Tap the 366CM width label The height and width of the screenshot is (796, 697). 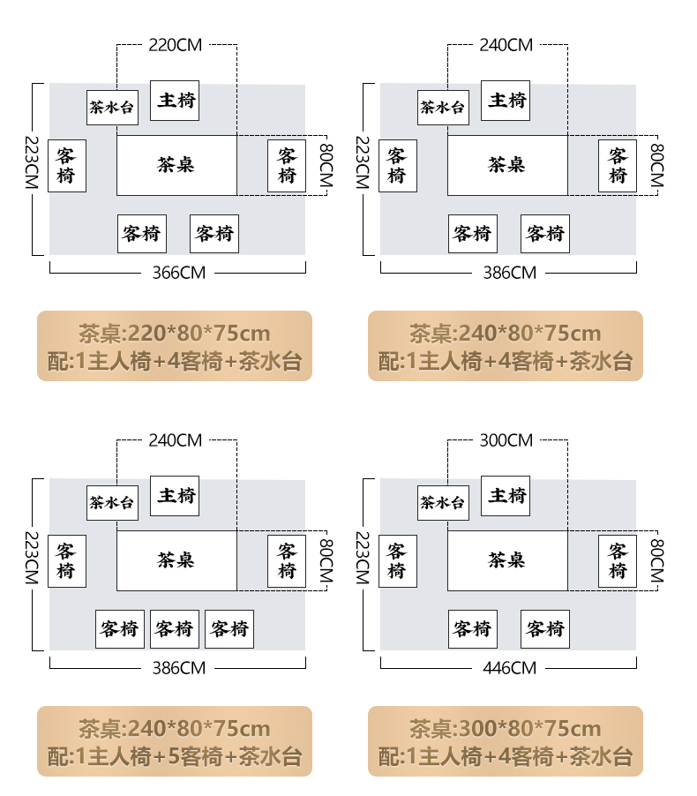coord(179,273)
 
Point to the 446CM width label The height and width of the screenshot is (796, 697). coord(510,668)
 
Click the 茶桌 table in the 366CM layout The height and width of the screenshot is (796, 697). coord(176,165)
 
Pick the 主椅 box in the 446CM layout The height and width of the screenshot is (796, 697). coord(506,495)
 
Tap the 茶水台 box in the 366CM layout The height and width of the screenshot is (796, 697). coord(112,108)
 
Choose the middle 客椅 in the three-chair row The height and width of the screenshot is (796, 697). coord(175,629)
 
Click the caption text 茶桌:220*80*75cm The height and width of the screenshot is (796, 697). coord(175,334)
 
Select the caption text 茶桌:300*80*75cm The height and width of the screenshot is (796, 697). coord(506,729)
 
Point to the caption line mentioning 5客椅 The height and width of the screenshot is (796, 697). coord(175,756)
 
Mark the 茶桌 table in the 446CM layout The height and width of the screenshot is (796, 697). coord(507,560)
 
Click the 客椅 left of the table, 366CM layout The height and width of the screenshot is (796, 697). coord(66,165)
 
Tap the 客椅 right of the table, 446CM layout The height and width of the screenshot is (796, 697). coord(618,560)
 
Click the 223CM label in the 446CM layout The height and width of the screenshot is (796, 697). coord(361,560)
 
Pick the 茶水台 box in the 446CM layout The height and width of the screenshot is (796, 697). coord(443,503)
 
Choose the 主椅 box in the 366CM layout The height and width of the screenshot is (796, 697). coord(175,100)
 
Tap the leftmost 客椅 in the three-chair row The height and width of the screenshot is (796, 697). coord(120,629)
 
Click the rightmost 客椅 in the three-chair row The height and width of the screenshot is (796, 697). coord(229,629)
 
